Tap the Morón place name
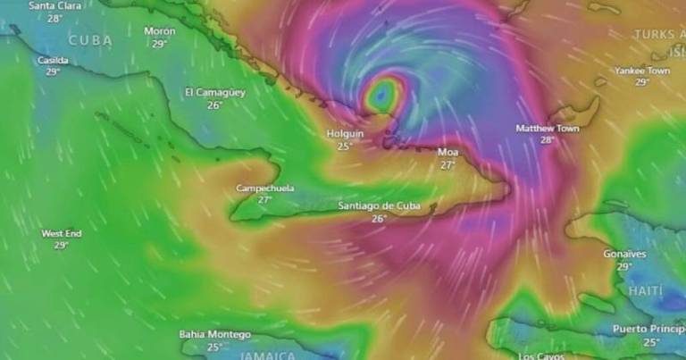point(160,31)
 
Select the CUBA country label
point(90,40)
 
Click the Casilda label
point(53,60)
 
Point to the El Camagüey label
point(213,92)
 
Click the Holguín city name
point(345,133)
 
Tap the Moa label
point(448,152)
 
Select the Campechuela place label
point(264,188)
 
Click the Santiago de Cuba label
point(380,206)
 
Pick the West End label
point(62,233)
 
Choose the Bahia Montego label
point(214,335)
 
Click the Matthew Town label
point(548,129)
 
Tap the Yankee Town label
point(641,71)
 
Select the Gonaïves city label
point(624,254)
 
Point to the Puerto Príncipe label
point(648,329)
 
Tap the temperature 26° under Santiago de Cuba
point(379,219)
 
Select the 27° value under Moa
point(448,164)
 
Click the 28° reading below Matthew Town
point(548,140)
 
